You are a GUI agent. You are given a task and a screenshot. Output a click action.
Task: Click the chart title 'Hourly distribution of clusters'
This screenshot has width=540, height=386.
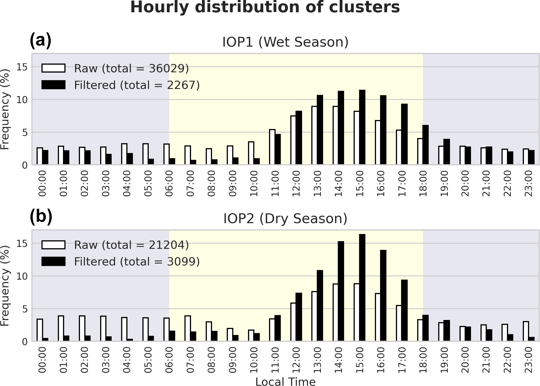click(x=265, y=7)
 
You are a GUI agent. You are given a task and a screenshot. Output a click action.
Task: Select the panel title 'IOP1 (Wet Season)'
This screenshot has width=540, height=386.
click(x=285, y=42)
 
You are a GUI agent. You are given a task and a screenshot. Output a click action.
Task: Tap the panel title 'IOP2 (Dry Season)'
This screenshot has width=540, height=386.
click(x=285, y=219)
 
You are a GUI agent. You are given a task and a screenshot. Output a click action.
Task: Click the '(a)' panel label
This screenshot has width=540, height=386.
click(x=40, y=40)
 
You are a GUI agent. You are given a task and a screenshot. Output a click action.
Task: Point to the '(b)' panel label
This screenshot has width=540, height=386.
click(x=41, y=217)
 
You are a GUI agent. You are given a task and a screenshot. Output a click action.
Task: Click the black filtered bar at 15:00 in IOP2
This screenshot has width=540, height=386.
click(x=362, y=288)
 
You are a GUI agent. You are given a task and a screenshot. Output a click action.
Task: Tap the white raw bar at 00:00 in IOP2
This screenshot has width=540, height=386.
click(x=40, y=330)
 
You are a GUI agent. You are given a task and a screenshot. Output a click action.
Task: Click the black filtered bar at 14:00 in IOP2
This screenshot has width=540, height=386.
click(x=341, y=291)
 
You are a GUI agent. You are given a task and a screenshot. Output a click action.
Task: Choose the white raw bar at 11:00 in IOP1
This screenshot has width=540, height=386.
click(x=272, y=147)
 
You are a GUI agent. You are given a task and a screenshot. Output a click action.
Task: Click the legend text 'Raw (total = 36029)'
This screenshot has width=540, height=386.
click(x=131, y=68)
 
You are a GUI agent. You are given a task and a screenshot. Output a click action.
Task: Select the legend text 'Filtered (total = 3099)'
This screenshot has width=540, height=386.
click(x=137, y=262)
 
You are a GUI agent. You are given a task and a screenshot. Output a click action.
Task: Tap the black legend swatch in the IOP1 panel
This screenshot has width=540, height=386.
click(x=53, y=85)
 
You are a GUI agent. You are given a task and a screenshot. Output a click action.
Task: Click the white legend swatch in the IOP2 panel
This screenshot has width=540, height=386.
click(x=53, y=245)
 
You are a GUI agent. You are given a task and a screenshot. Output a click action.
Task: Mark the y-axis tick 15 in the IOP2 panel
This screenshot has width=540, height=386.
click(x=22, y=244)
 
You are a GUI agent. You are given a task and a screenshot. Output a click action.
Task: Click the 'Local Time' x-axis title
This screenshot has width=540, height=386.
click(x=285, y=382)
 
